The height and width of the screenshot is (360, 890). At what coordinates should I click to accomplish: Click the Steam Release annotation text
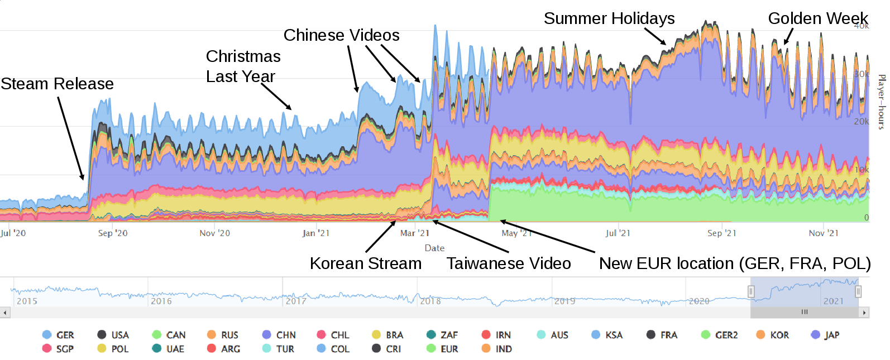click(57, 84)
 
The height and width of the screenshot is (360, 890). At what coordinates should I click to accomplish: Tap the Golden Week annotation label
click(817, 18)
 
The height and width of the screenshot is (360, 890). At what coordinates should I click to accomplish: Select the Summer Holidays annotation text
click(609, 18)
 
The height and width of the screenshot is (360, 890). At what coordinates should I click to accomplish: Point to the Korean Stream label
click(366, 263)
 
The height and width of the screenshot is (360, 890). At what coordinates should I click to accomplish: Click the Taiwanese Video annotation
click(509, 263)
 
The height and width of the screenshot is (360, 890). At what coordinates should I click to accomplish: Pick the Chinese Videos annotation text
click(341, 35)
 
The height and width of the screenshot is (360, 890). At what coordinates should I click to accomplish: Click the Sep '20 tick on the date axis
click(113, 233)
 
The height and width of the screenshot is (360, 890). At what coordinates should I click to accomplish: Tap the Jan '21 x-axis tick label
click(316, 233)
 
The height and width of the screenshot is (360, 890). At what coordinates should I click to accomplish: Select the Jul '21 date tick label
click(618, 233)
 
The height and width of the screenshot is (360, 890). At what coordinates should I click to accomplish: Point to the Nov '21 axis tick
click(824, 233)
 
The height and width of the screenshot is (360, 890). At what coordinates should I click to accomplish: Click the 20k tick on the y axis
click(861, 121)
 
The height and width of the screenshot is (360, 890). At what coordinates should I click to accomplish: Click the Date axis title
click(434, 248)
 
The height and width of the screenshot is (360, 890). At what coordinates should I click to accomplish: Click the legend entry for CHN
click(279, 335)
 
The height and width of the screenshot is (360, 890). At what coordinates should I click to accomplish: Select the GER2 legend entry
click(720, 335)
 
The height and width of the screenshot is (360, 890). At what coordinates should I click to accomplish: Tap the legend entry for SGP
click(58, 349)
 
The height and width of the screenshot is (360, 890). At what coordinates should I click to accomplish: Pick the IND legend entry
click(497, 349)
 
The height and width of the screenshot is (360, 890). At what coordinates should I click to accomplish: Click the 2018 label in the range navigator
click(430, 301)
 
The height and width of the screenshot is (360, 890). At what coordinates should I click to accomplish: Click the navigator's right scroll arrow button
click(864, 313)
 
